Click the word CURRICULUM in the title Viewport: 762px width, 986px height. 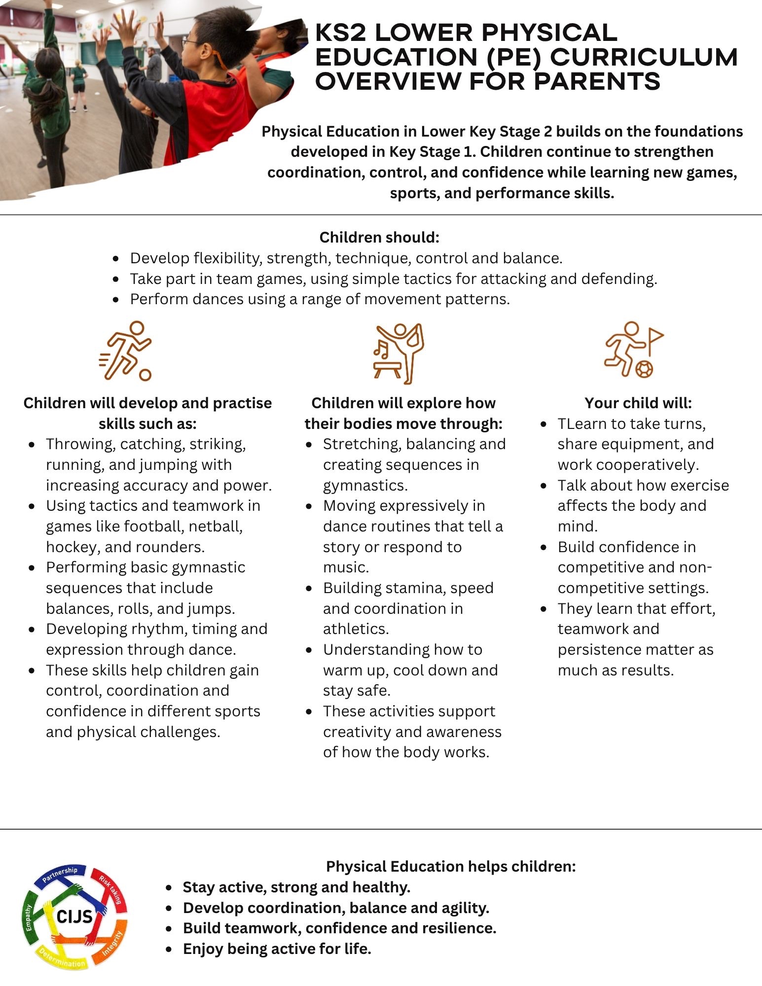click(x=644, y=57)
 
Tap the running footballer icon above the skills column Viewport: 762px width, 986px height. click(x=126, y=351)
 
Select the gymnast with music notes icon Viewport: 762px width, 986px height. click(x=399, y=353)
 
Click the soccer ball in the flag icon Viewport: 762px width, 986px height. click(x=644, y=369)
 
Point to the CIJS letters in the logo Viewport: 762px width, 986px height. click(x=74, y=916)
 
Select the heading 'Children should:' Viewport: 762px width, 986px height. click(x=379, y=238)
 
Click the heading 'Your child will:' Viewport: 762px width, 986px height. click(x=638, y=403)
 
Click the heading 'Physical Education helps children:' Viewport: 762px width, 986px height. click(x=451, y=866)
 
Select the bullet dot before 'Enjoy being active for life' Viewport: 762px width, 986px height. click(x=169, y=949)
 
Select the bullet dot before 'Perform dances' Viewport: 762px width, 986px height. click(x=116, y=299)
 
